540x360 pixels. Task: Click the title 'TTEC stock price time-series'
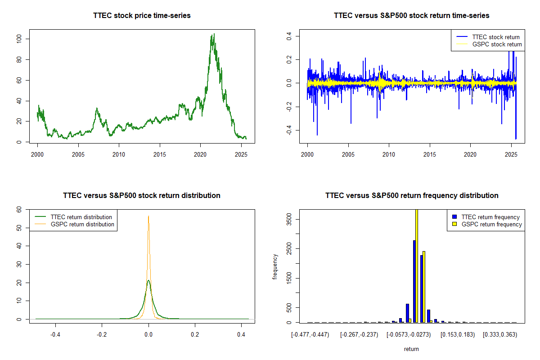click(x=142, y=16)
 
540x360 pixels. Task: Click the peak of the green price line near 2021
click(x=213, y=34)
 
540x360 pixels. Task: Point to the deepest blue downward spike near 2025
click(x=516, y=139)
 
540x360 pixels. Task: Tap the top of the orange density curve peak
click(x=148, y=216)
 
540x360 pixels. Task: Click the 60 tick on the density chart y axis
click(x=19, y=210)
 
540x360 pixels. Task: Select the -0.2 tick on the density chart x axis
click(x=102, y=335)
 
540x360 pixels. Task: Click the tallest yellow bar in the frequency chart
click(x=417, y=265)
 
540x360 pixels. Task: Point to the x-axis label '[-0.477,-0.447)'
click(x=310, y=335)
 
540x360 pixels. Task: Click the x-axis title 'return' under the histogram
click(x=411, y=349)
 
